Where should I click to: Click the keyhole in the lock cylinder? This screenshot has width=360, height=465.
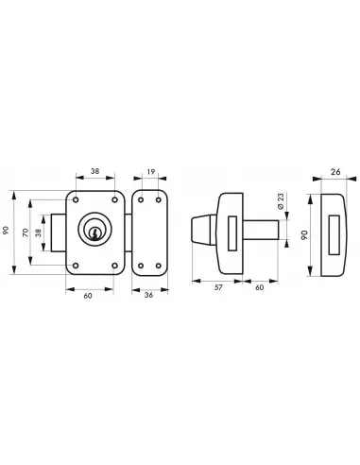(x=94, y=233)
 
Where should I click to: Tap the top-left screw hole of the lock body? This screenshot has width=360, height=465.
(x=76, y=200)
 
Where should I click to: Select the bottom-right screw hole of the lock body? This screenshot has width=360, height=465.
(x=114, y=266)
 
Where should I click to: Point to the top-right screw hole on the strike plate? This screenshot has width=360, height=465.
(x=159, y=200)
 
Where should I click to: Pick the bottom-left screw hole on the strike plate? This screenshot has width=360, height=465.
(x=141, y=266)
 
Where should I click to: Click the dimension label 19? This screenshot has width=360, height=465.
(x=151, y=172)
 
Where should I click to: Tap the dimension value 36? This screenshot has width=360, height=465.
(x=148, y=295)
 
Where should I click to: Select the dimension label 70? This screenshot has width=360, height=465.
(x=26, y=232)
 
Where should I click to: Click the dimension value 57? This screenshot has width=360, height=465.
(x=218, y=287)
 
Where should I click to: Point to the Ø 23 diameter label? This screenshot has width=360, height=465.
(x=281, y=200)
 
